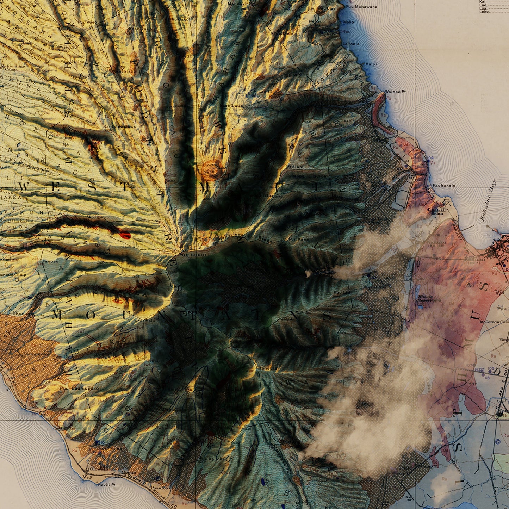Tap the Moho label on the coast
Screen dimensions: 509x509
(x=349, y=22)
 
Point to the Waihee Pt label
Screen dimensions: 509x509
(x=395, y=92)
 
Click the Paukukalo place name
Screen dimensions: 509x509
(x=444, y=185)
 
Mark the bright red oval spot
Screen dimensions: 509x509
(x=125, y=235)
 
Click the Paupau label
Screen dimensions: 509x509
(x=48, y=262)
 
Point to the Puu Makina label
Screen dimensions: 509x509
(x=72, y=62)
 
